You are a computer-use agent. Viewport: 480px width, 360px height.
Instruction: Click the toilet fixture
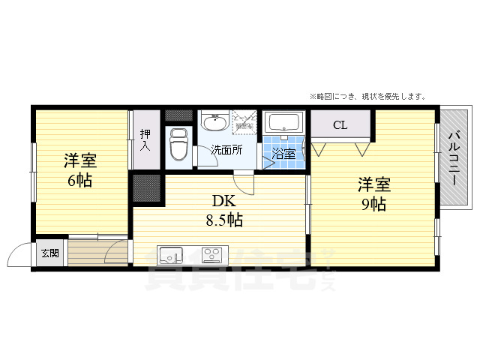tap(178, 145)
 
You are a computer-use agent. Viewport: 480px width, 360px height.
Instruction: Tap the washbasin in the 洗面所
tap(215, 121)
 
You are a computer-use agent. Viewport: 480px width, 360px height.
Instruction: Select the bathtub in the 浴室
tap(284, 122)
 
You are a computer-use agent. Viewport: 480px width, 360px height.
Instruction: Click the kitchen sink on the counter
tap(171, 254)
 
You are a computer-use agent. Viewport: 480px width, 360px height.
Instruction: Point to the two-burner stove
tap(211, 254)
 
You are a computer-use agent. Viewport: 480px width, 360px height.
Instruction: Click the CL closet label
tap(340, 124)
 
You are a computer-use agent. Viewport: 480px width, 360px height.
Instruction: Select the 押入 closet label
tap(145, 140)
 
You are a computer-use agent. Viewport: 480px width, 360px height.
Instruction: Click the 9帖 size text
tap(373, 204)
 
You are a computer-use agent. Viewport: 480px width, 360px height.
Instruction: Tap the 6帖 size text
tap(79, 181)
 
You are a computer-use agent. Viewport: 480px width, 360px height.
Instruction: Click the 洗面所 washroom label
tap(226, 149)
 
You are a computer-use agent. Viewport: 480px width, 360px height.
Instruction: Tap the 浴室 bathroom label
tap(283, 154)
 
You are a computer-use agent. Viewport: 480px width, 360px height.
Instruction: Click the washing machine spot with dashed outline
tap(244, 122)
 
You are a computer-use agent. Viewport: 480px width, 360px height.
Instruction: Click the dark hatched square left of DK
tap(147, 188)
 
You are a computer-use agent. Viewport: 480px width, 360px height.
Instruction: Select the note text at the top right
tap(367, 96)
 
